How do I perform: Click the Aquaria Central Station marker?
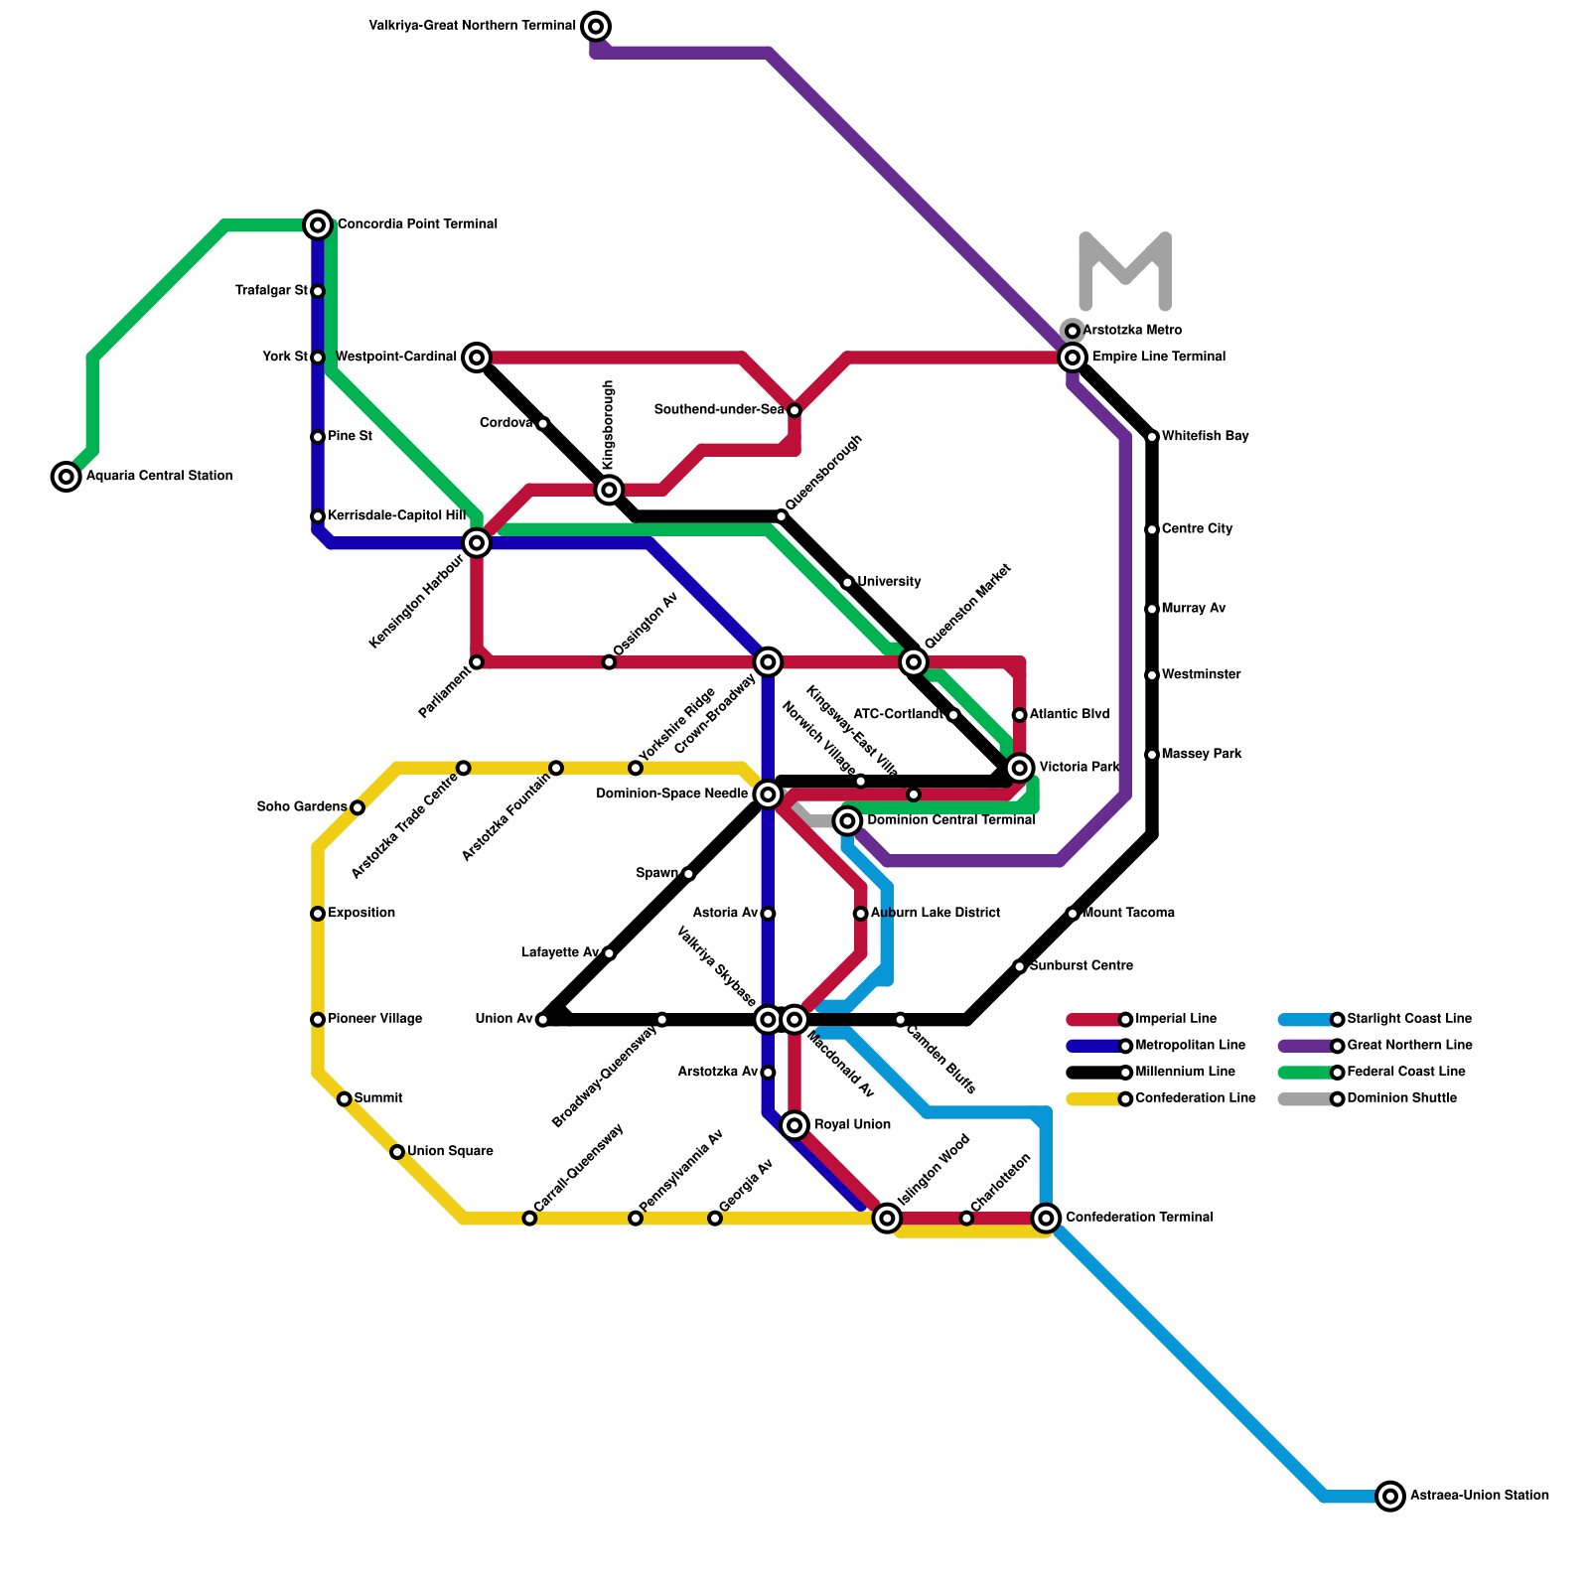point(67,477)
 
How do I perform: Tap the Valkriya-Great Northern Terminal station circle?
point(596,26)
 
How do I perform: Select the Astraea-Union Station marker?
point(1390,1496)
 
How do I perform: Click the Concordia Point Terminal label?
point(417,224)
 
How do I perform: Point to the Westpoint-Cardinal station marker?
point(477,358)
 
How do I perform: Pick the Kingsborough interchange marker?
point(610,489)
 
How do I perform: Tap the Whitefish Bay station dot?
point(1152,437)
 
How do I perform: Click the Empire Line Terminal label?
point(1159,358)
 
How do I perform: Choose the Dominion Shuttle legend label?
point(1401,1098)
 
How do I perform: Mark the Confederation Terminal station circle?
point(1045,1218)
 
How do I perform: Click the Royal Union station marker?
point(794,1124)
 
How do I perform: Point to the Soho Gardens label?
point(302,807)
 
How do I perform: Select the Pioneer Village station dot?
point(318,1019)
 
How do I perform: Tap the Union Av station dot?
point(542,1020)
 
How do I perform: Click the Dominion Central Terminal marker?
point(847,820)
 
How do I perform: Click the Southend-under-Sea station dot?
point(794,410)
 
